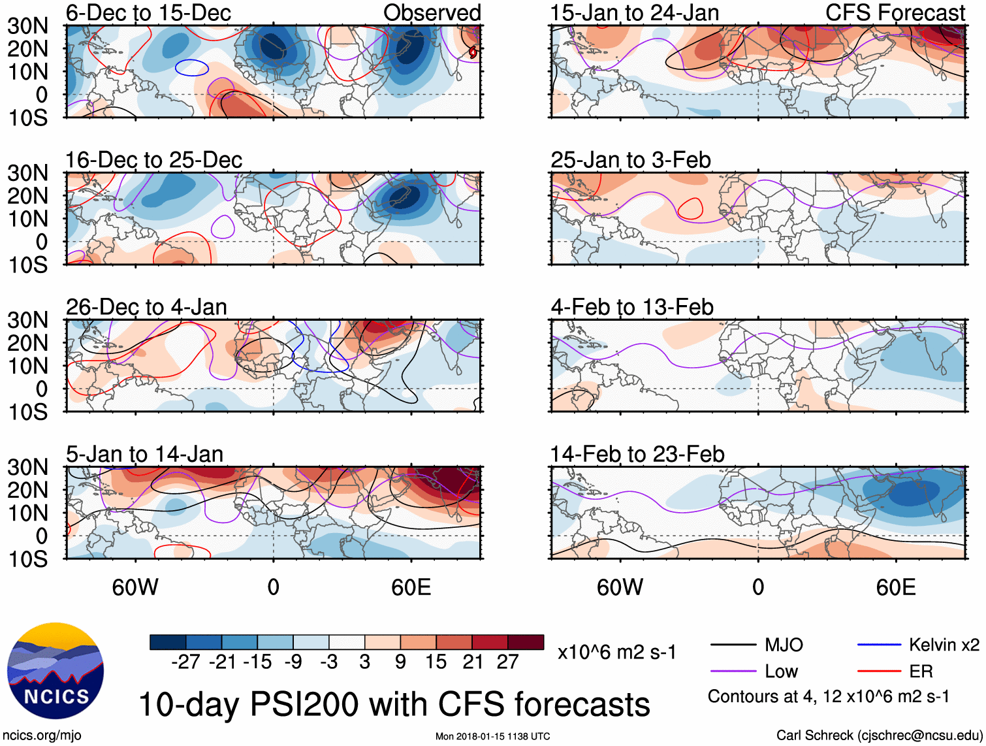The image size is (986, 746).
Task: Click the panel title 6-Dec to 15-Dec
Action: click(x=148, y=13)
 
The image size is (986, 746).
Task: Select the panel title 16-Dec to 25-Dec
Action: click(x=153, y=160)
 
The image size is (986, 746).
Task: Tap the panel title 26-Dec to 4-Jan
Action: click(x=146, y=307)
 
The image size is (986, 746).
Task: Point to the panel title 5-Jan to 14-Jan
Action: click(x=144, y=454)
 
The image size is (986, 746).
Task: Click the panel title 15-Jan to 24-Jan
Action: click(x=634, y=13)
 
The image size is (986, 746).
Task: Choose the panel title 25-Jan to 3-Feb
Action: click(x=630, y=160)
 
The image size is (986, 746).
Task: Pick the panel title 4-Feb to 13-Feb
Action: click(x=631, y=307)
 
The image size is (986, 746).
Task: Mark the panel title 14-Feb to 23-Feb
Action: click(x=637, y=454)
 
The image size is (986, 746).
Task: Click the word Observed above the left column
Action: click(x=432, y=13)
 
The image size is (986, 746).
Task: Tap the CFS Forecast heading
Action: click(x=895, y=13)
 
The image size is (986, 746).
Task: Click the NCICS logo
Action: click(x=56, y=671)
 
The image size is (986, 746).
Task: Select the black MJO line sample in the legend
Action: click(x=733, y=645)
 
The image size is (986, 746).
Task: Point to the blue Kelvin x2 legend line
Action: click(x=879, y=645)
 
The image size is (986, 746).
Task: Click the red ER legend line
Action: click(x=879, y=672)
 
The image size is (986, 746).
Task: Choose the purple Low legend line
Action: click(x=733, y=672)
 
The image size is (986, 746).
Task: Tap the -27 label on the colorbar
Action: click(x=185, y=662)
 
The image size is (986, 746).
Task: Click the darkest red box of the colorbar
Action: click(x=526, y=642)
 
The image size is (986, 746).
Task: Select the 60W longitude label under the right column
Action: click(x=620, y=587)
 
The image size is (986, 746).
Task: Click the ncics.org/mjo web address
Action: click(x=42, y=736)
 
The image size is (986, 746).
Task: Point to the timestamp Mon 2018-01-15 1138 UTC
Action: click(x=492, y=736)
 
